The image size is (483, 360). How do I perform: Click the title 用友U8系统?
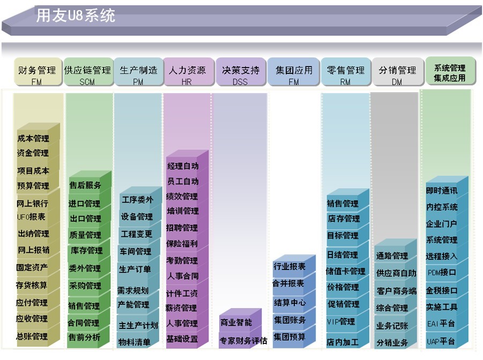(x=76, y=16)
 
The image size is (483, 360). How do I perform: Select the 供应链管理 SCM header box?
(x=88, y=72)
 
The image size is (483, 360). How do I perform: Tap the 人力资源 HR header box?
(x=188, y=72)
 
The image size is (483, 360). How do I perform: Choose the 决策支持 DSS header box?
(x=241, y=72)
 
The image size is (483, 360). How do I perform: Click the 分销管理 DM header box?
(x=398, y=72)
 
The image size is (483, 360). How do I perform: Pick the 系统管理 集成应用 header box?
(x=450, y=71)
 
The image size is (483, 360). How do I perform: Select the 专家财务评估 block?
(x=243, y=340)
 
